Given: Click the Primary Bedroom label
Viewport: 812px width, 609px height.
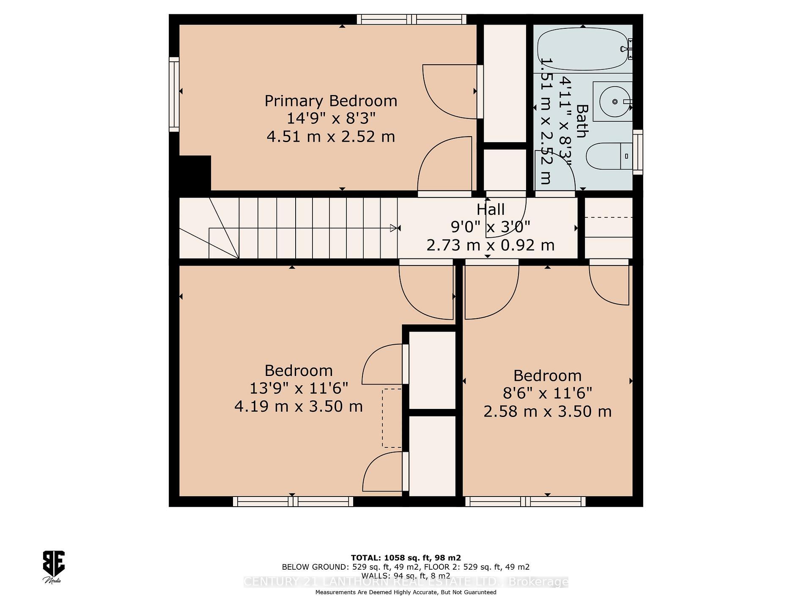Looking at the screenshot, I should click(x=331, y=101).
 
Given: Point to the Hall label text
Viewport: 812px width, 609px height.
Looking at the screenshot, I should click(x=491, y=210).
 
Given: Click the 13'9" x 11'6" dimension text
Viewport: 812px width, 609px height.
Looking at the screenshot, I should click(x=299, y=388).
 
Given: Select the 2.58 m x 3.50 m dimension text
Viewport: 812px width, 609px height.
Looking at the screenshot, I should click(x=547, y=411).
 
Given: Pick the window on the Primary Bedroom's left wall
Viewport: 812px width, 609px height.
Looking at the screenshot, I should click(x=174, y=94).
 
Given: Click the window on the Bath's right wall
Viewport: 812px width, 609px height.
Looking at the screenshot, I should click(x=638, y=152).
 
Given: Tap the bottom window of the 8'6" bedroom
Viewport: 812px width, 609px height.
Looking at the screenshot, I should click(x=525, y=502).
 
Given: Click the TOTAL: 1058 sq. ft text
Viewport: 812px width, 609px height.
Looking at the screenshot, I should click(x=406, y=558).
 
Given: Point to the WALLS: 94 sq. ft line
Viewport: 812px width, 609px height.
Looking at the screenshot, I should click(x=406, y=576).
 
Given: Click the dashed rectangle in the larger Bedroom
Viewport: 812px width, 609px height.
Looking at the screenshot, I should click(x=392, y=418).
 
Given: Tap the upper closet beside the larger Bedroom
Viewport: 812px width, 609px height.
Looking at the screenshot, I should click(x=432, y=370).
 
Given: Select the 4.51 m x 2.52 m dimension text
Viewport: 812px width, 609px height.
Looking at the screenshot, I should click(x=331, y=137).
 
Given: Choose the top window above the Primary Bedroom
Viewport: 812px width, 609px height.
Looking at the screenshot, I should click(x=411, y=19).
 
